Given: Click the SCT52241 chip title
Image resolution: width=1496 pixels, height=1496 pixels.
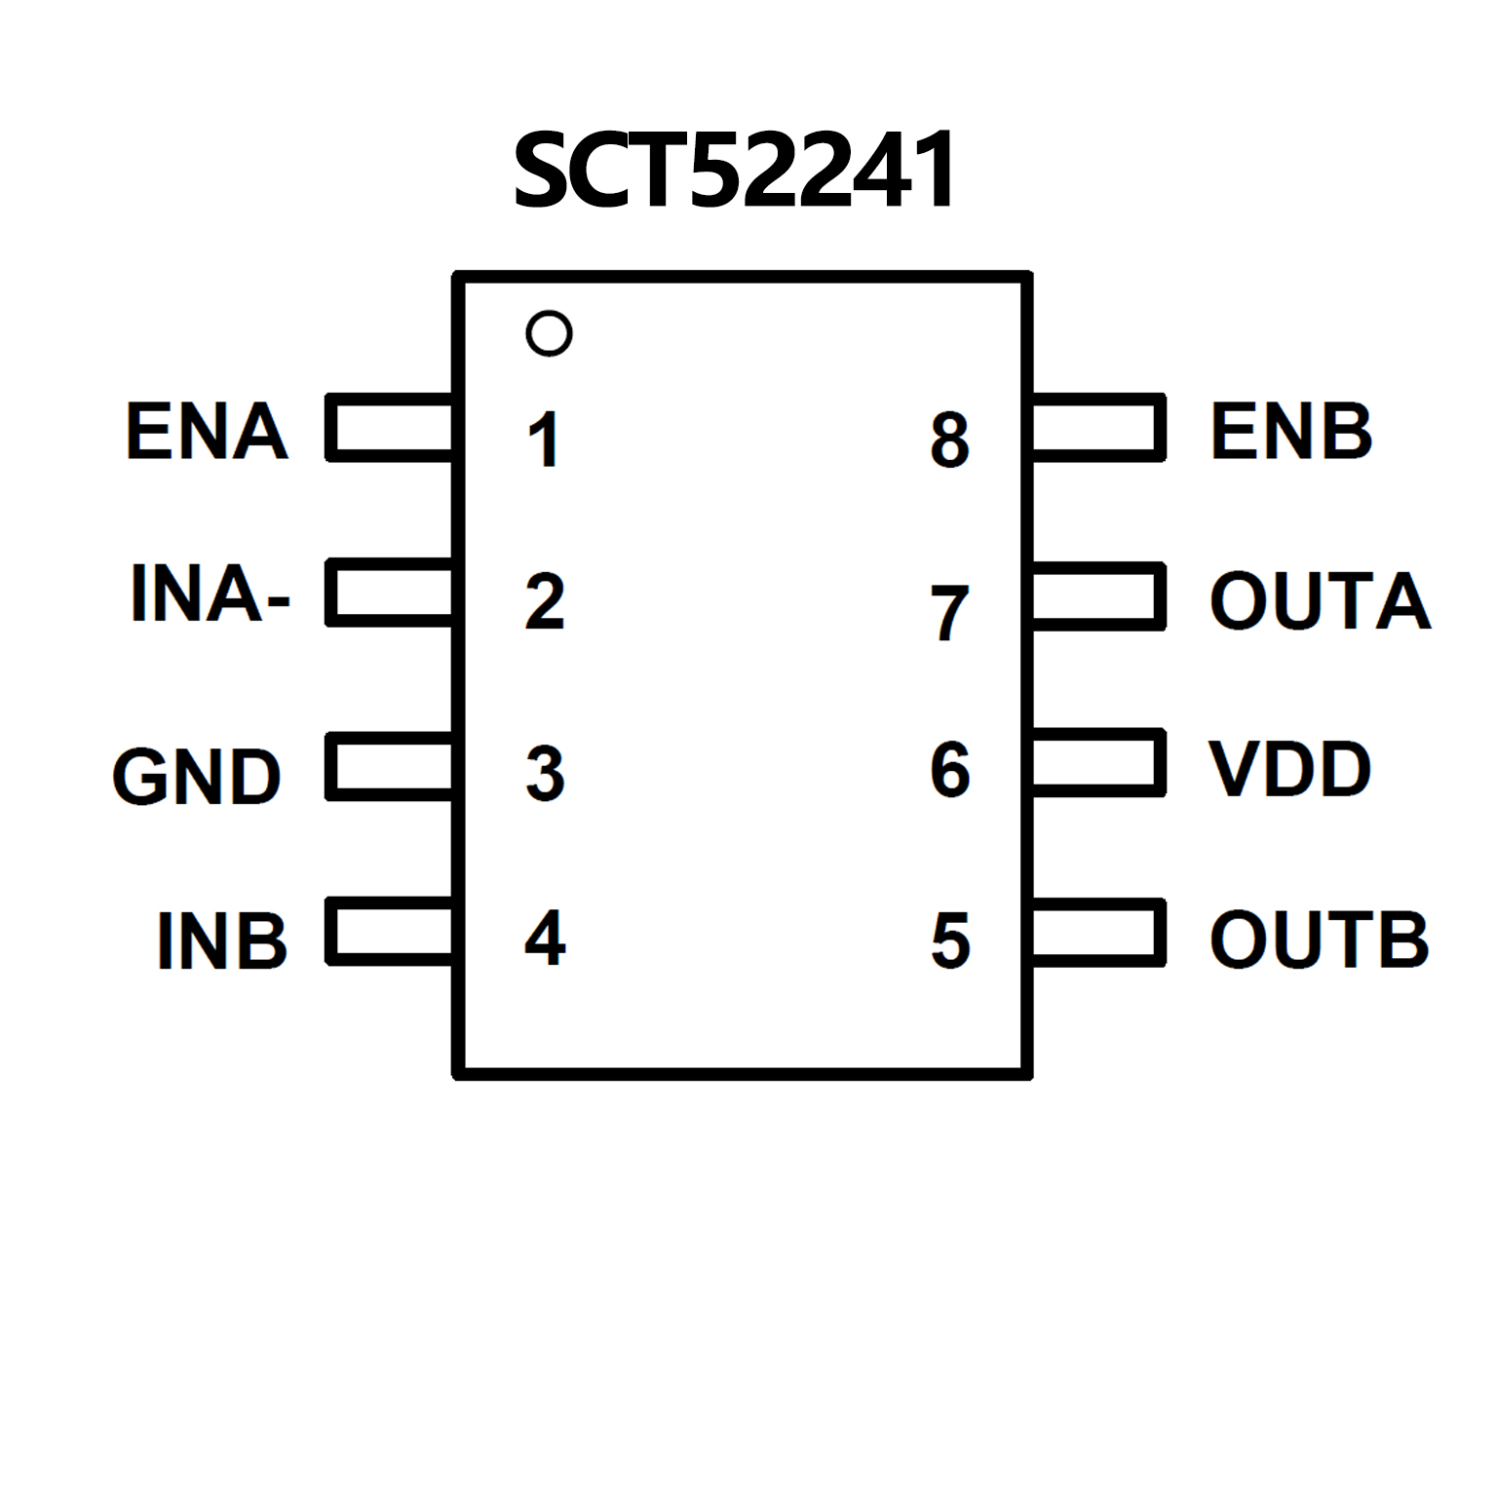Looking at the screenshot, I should tap(735, 172).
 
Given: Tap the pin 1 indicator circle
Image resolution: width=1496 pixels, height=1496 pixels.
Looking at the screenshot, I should tap(549, 333).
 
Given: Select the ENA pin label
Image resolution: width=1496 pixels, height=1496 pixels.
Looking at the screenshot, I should tap(207, 431).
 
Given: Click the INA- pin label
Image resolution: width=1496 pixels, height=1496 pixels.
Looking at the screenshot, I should tap(210, 593).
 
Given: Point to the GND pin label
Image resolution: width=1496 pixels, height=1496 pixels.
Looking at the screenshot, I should tap(197, 777).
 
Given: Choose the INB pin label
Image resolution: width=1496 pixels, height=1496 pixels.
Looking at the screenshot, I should tap(222, 940).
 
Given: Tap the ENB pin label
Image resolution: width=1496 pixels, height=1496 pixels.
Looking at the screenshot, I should tap(1290, 431).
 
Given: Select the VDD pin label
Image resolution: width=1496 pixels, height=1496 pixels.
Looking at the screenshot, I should tap(1289, 769).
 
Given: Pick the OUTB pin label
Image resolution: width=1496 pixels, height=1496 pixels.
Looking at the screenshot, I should tap(1319, 940).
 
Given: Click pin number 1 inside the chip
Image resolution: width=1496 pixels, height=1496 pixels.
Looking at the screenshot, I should tap(544, 440).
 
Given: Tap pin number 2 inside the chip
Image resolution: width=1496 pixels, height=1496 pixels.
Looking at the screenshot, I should tap(545, 601).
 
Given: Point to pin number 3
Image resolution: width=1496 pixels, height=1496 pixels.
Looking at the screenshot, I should tap(545, 774).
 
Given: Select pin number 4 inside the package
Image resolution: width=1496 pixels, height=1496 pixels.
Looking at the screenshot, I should tap(545, 938).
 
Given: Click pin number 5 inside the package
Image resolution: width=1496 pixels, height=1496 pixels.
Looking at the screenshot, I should tap(950, 941).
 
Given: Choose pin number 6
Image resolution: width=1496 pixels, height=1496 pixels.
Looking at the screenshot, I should tap(950, 770).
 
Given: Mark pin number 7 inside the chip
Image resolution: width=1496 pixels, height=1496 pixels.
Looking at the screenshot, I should tap(949, 613).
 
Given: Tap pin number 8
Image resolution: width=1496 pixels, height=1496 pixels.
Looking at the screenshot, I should tap(950, 440).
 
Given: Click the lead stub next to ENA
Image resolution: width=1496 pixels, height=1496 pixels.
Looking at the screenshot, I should tap(390, 427).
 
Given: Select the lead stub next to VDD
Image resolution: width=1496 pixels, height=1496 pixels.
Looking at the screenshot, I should tap(1098, 762).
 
